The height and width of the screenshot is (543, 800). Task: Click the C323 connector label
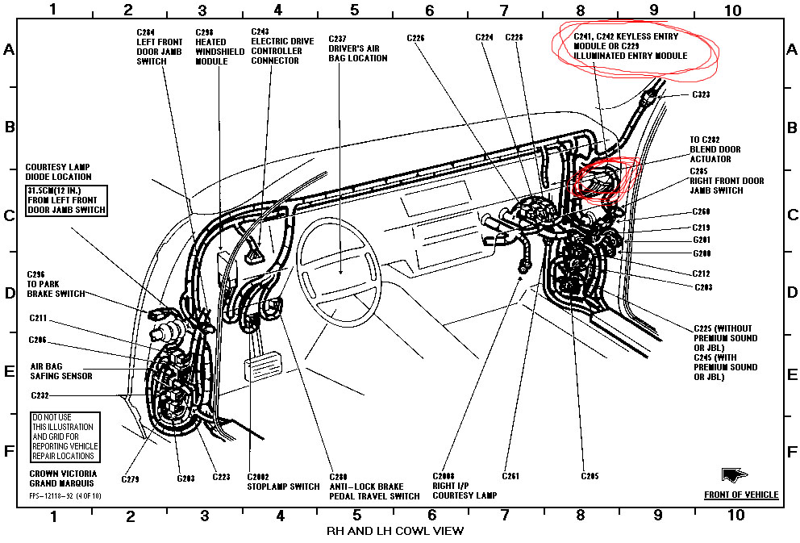[x=701, y=94]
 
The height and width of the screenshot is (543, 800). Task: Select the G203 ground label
[x=185, y=478]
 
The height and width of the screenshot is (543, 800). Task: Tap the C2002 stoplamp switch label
[x=272, y=481]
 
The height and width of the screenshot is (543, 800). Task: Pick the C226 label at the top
[x=416, y=37]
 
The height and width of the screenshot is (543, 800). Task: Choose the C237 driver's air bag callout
[x=357, y=48]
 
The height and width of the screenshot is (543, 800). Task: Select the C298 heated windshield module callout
[x=215, y=46]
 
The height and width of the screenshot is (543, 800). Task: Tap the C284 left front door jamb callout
[x=159, y=46]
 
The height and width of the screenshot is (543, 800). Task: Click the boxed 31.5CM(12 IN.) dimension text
[x=66, y=199]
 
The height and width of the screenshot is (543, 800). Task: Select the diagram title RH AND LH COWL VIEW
[x=394, y=531]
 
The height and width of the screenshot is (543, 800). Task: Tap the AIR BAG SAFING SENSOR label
[x=61, y=370]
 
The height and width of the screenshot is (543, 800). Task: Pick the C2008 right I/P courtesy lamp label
[x=465, y=486]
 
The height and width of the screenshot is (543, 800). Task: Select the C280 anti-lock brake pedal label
[x=374, y=486]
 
